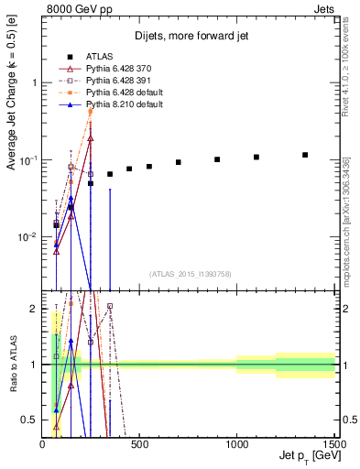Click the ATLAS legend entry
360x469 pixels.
[99, 54]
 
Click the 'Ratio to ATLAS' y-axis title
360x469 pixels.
[12, 365]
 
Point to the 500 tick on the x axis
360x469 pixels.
[140, 445]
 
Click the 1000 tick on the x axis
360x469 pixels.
[237, 445]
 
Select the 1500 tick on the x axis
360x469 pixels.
[334, 445]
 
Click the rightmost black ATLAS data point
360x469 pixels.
[305, 155]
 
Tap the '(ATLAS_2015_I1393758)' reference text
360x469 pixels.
[191, 273]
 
